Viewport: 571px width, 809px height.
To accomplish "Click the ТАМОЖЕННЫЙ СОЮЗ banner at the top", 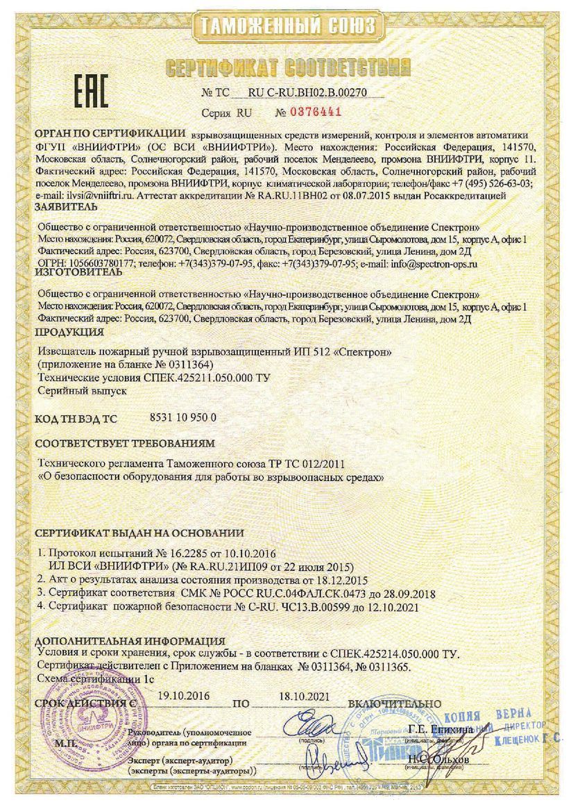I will pos(287,26).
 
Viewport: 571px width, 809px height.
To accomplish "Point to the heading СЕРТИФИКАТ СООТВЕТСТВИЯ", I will pos(287,67).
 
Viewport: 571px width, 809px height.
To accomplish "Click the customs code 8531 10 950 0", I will pos(182,417).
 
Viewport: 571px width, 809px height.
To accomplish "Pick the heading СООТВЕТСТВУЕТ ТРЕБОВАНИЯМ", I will pos(125,442).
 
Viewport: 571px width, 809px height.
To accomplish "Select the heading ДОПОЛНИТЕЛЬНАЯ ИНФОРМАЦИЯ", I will pos(130,640).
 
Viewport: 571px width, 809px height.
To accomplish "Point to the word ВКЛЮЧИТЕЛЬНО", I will pos(394,703).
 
